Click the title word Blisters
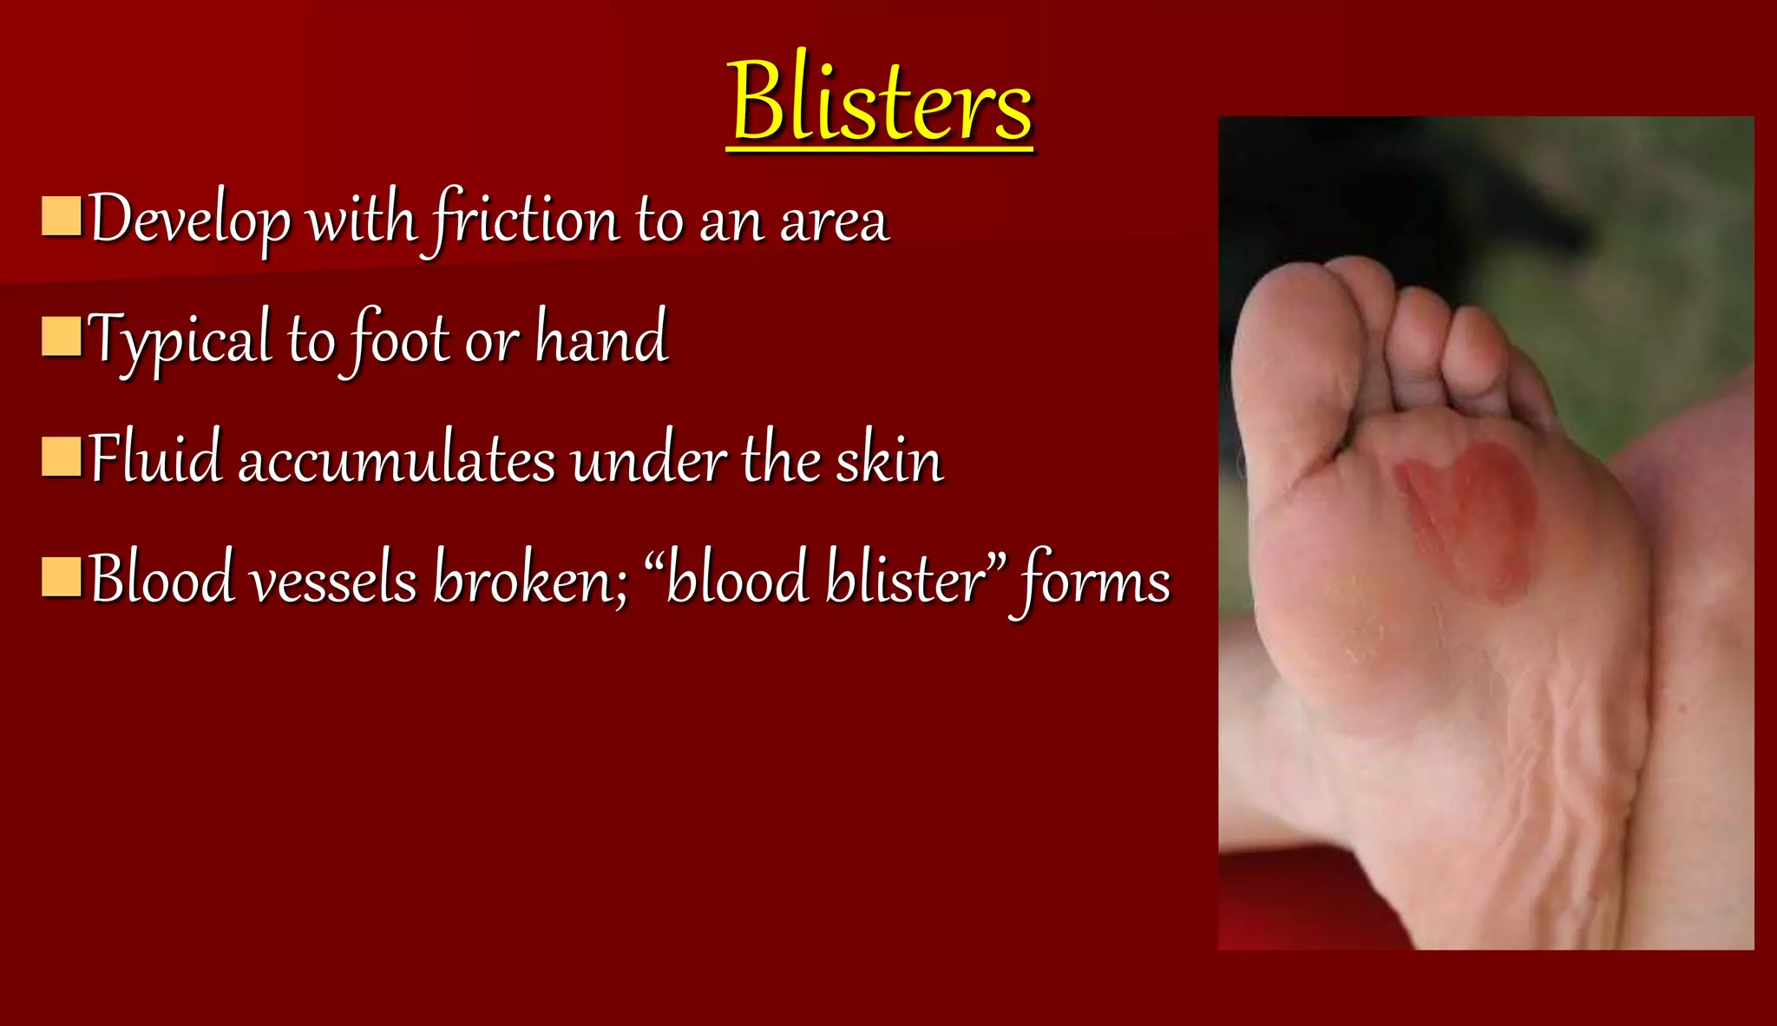(880, 102)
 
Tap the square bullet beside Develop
(62, 217)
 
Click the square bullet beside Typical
(62, 337)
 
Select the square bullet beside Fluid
(62, 457)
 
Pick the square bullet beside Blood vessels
(62, 577)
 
